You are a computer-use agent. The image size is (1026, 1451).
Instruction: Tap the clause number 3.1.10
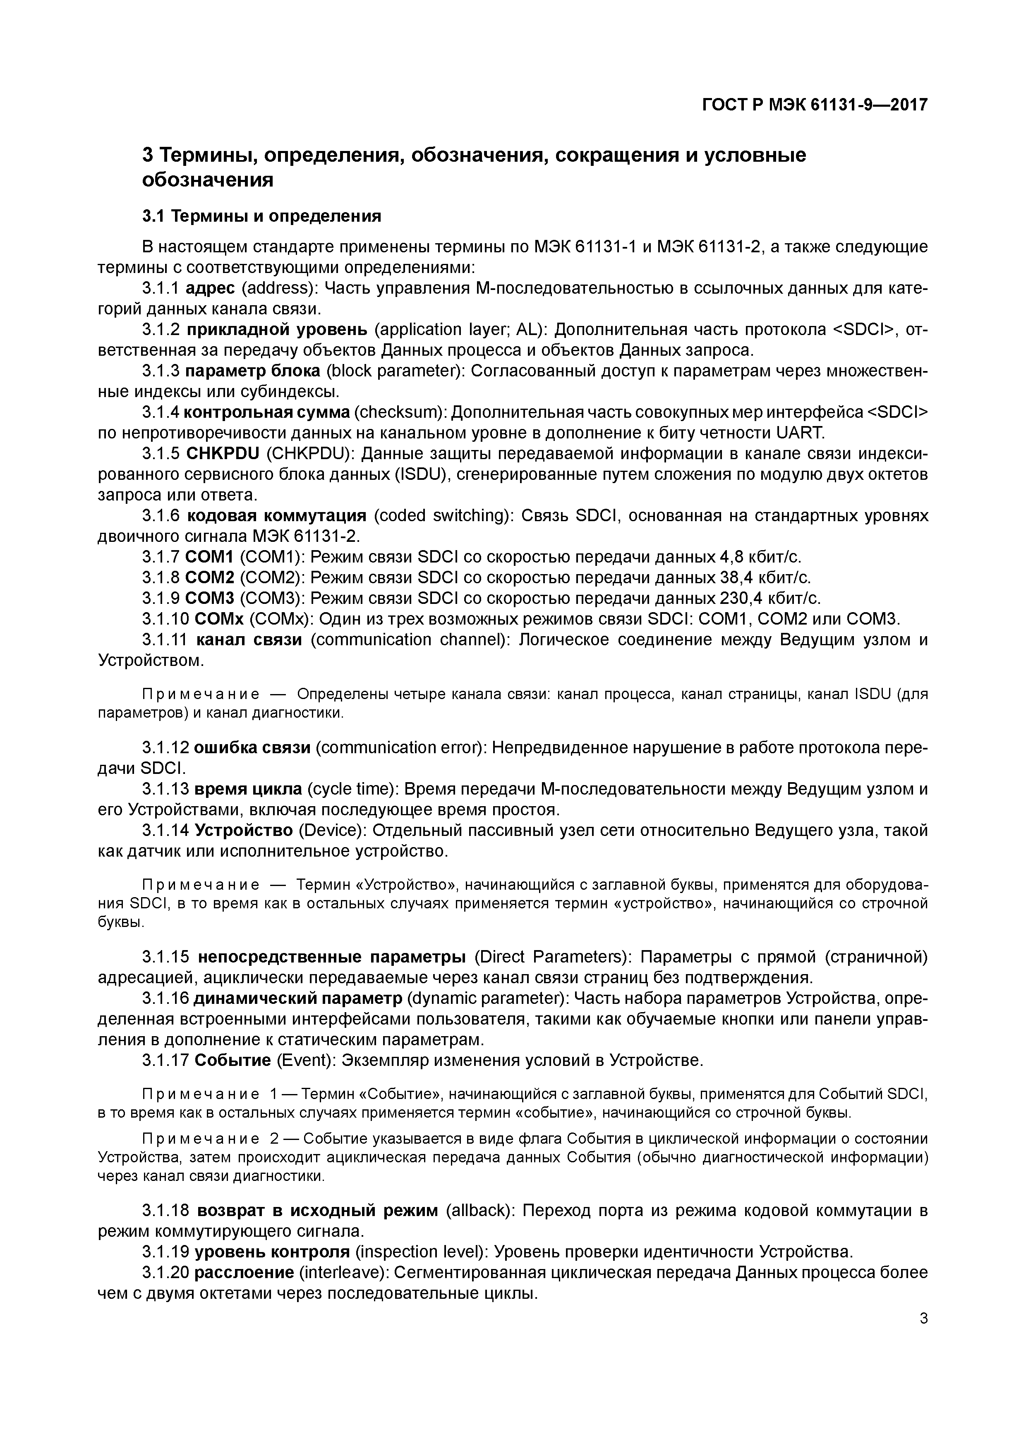[165, 619]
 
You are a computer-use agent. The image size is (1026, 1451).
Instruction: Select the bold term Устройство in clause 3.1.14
[244, 831]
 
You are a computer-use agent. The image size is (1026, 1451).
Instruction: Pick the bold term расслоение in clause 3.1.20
[244, 1273]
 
